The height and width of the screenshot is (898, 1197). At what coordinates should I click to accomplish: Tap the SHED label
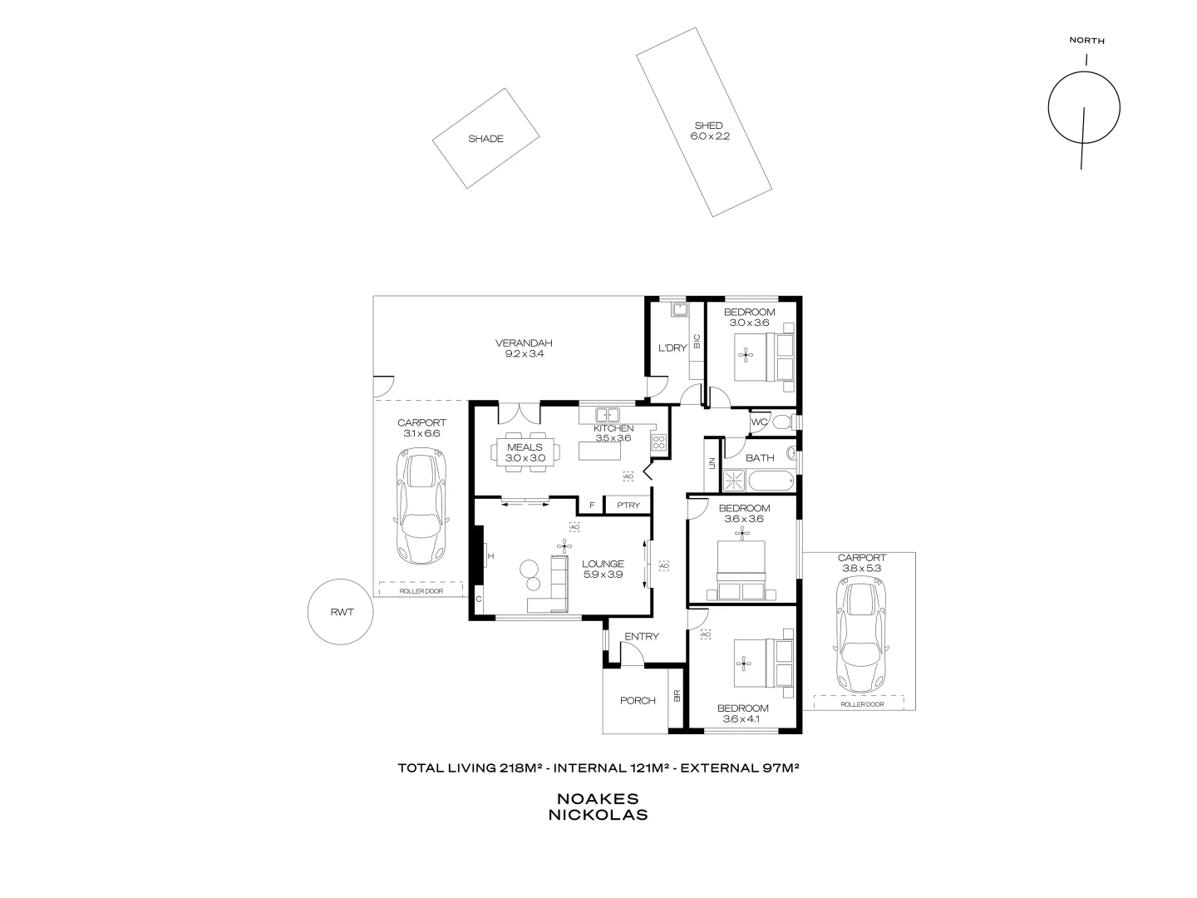(708, 126)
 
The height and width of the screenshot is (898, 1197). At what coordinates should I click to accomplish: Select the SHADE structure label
(485, 139)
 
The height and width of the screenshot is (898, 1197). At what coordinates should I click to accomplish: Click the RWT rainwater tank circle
(341, 612)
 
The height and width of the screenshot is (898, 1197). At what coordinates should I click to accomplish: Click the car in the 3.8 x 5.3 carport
(862, 636)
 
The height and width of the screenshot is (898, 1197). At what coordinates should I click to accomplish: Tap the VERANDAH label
(524, 343)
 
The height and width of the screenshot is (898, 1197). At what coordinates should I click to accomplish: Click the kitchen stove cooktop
(659, 443)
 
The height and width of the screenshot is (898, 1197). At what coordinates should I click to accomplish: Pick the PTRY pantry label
(628, 505)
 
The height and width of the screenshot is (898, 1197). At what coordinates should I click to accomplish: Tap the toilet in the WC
(781, 422)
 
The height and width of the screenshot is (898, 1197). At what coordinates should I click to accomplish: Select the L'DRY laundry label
(672, 348)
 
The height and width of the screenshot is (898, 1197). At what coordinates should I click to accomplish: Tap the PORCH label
(638, 700)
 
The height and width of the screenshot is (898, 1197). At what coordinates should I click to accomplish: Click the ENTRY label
(642, 637)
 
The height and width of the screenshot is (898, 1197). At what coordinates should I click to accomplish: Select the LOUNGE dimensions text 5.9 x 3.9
(603, 574)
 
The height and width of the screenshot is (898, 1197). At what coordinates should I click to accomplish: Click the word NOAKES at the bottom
(598, 798)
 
